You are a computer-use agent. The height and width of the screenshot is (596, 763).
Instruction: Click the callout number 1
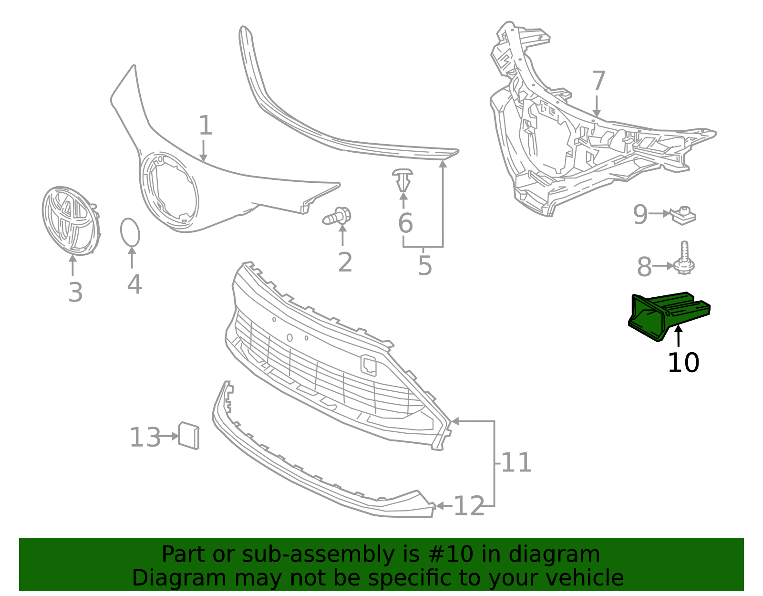tap(205, 125)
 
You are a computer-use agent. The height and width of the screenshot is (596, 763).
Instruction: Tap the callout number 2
tap(345, 262)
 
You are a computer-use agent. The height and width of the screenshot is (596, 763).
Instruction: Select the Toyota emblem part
tap(71, 220)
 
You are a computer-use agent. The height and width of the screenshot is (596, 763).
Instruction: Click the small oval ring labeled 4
tap(130, 232)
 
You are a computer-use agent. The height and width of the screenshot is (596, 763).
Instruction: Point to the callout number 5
tap(424, 266)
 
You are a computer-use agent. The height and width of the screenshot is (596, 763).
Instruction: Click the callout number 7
tap(598, 81)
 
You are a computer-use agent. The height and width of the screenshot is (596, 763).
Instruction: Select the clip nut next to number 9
tap(684, 216)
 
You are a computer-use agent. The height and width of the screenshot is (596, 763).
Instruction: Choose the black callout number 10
tap(683, 363)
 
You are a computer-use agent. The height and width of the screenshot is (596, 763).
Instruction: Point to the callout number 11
tap(516, 462)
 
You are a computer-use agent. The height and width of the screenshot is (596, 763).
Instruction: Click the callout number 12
tap(469, 506)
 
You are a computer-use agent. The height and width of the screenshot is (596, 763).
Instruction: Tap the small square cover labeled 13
tap(188, 435)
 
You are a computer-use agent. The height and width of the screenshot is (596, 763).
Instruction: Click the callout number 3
tap(75, 293)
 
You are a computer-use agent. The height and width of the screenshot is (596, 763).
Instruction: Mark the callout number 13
tap(145, 437)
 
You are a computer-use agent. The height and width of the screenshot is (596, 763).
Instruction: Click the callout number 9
tap(640, 215)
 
